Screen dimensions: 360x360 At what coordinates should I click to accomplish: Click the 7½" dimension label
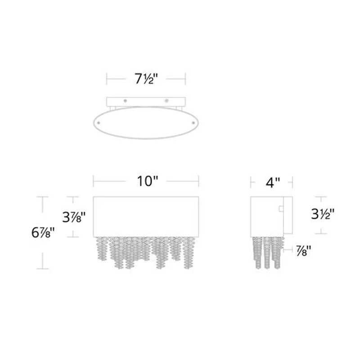coord(146,79)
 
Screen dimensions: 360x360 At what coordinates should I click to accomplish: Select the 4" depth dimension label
coord(273,183)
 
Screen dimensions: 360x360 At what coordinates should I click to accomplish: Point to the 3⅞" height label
coord(74,217)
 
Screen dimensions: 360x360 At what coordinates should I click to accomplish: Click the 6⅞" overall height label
coord(43,233)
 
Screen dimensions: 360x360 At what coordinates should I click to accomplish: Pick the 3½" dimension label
coord(323,214)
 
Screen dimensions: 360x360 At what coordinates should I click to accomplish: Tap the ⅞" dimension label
coord(303,251)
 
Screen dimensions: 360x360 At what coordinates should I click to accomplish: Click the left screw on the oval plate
coord(99,123)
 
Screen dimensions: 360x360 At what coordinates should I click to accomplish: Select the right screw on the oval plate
coord(193,123)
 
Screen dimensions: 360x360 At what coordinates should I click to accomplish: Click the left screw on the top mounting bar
coord(125,101)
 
